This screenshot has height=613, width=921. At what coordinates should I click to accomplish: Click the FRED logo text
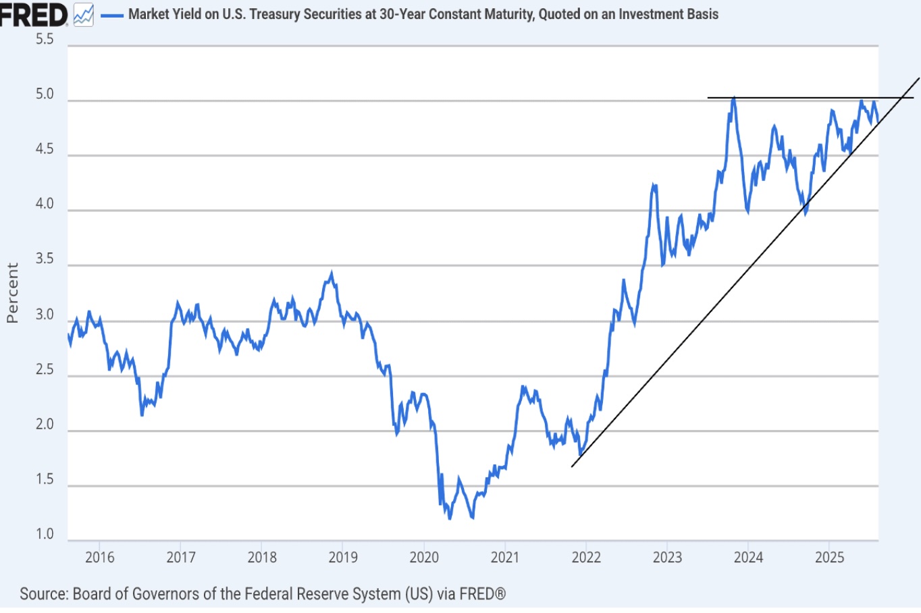32,14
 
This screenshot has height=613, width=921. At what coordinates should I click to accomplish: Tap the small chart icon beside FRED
84,15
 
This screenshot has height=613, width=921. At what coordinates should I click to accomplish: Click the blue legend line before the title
111,15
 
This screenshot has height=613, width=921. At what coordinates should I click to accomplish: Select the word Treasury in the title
275,14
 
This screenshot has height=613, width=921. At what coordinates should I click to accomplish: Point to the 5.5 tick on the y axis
45,39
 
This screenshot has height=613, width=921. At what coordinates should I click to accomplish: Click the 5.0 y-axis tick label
45,95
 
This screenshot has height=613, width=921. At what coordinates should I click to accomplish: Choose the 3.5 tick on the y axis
45,259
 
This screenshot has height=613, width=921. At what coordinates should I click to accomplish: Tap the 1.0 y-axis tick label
45,534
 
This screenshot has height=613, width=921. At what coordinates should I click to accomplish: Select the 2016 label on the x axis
99,558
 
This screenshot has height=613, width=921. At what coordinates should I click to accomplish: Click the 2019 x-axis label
343,558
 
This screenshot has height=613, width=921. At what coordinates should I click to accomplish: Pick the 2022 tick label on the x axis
586,558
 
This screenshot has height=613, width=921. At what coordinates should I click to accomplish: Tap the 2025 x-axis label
829,558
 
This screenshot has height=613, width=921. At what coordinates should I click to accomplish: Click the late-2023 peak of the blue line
733,99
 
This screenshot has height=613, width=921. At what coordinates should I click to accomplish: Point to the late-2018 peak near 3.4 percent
331,273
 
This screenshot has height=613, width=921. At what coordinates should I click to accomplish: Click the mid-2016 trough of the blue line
142,414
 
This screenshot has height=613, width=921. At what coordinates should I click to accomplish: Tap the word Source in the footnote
44,594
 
